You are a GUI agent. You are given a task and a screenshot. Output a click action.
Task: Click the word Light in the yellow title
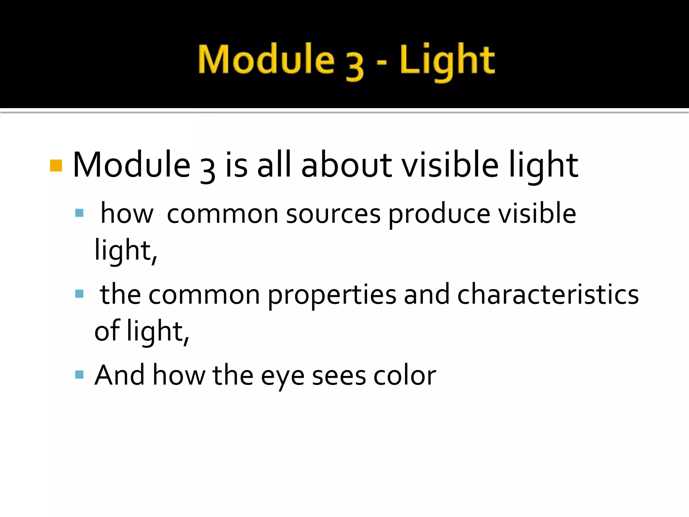pos(447,61)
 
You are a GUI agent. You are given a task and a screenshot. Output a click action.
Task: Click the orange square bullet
pos(56,166)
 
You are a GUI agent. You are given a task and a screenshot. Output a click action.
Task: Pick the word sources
pos(333,214)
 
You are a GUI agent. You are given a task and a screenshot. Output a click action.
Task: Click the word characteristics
pos(548,295)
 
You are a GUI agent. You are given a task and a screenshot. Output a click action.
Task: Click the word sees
pos(339,376)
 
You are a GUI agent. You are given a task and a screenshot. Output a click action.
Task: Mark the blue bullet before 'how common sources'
pos(79,213)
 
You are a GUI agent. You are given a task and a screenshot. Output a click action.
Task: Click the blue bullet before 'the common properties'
pos(79,294)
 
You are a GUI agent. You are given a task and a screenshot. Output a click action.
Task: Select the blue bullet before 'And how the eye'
pos(79,375)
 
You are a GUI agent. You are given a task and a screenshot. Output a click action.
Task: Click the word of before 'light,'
pos(107,331)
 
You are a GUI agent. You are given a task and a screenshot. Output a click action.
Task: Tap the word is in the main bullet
pos(237,165)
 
